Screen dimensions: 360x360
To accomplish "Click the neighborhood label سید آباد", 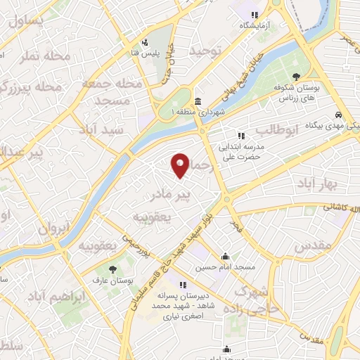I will point(121,131).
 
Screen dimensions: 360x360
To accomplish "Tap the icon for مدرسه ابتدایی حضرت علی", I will point(241,136).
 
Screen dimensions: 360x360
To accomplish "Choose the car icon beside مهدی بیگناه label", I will point(338,115).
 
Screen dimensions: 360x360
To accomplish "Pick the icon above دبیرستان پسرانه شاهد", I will point(183,285).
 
